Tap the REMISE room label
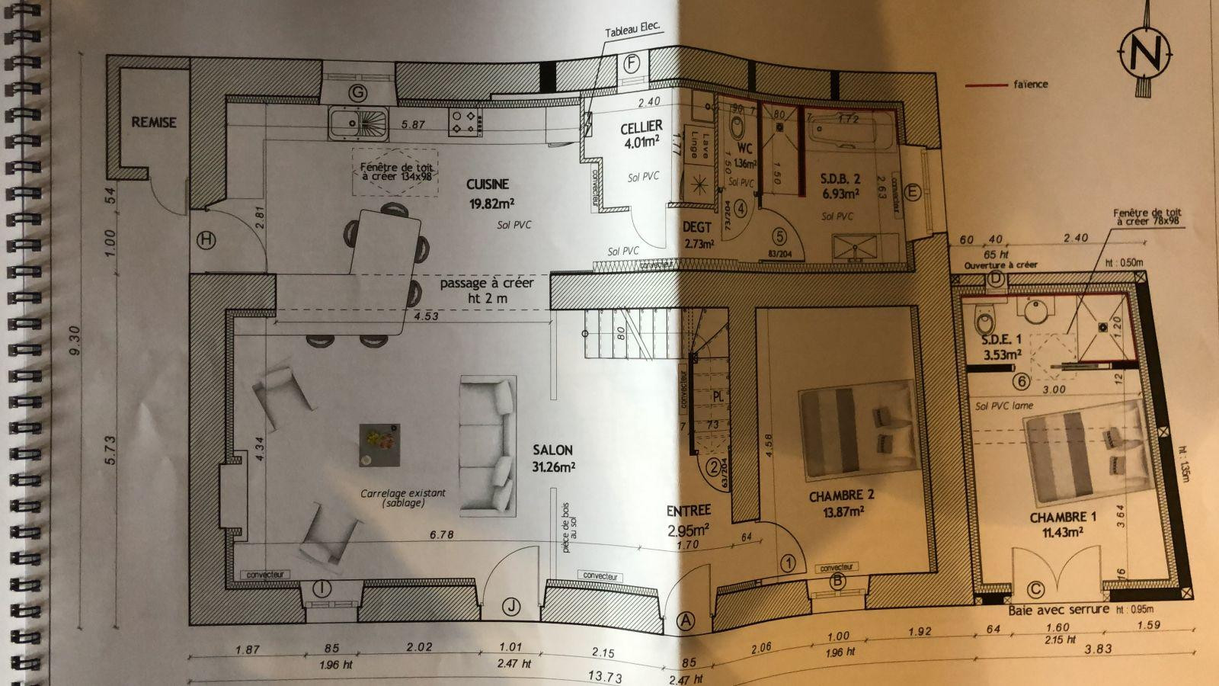click(154, 122)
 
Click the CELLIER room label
click(641, 126)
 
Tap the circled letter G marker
click(357, 93)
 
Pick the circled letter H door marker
click(206, 240)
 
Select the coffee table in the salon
click(379, 444)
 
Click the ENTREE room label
click(688, 511)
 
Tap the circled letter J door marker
click(511, 607)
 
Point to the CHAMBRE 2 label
click(841, 495)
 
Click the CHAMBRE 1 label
click(1062, 517)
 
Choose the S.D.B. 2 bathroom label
click(841, 179)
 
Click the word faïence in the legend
click(1030, 85)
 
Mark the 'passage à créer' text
click(487, 284)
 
